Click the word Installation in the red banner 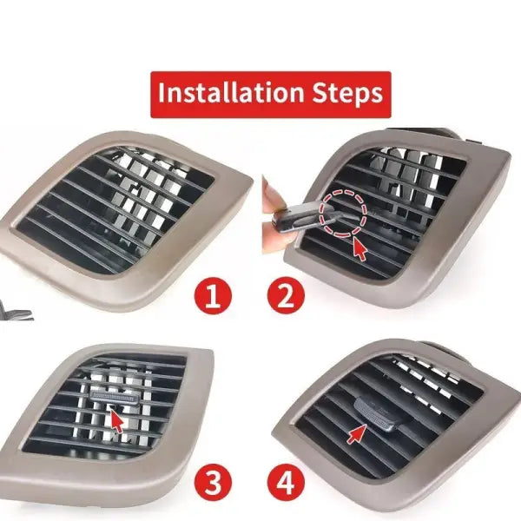pos(231,92)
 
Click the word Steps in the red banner pos(347,94)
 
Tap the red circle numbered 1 pos(213,295)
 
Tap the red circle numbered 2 pos(286,295)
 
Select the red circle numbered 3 pos(213,481)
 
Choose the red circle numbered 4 pos(286,481)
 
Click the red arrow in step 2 pos(359,248)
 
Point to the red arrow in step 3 pos(116,420)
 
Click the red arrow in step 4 pos(357,433)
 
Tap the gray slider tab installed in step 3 pos(114,397)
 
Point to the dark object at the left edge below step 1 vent pos(15,313)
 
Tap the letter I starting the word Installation pos(162,92)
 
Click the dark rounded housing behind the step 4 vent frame pos(439,347)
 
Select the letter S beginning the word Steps pos(320,92)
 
